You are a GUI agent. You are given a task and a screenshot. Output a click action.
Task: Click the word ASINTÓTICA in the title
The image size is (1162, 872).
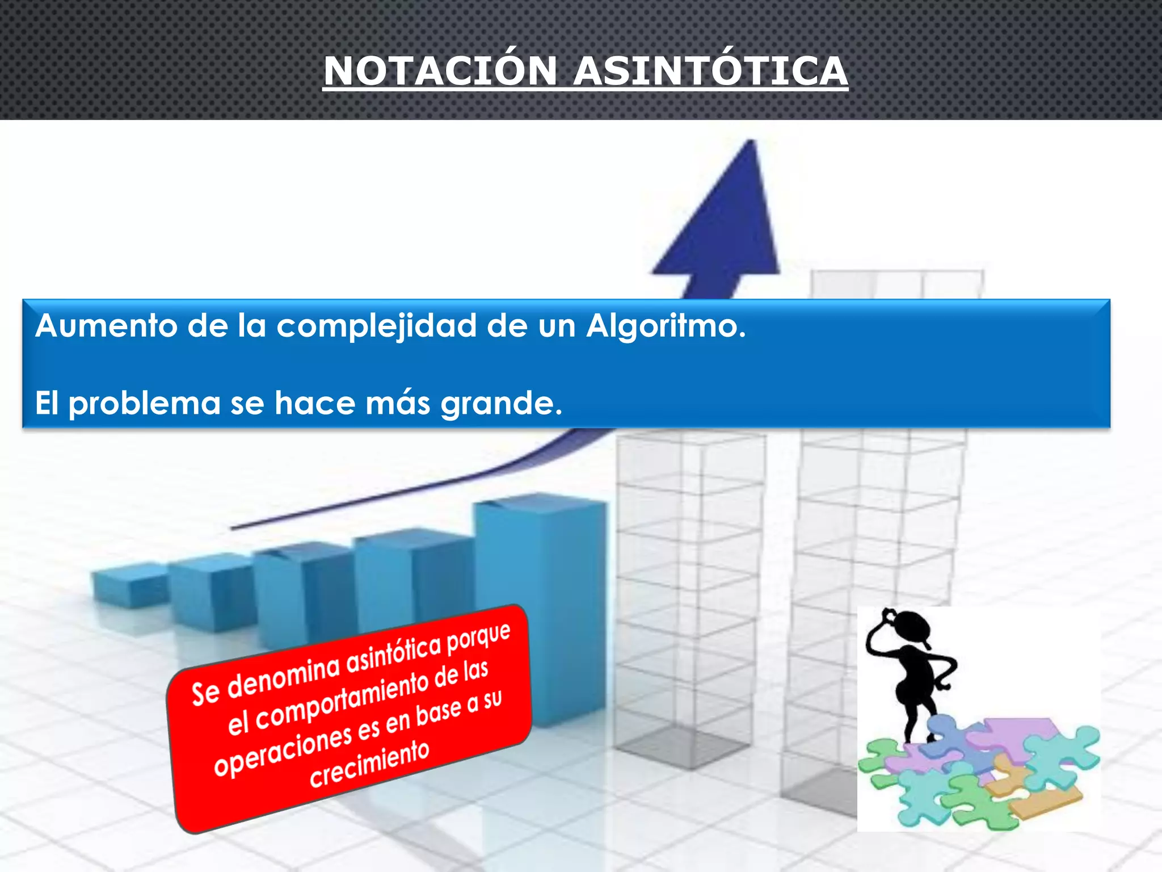[710, 72]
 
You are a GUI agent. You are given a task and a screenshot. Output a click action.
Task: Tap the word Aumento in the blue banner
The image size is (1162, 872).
[106, 326]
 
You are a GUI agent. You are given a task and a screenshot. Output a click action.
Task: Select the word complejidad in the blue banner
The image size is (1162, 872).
[376, 328]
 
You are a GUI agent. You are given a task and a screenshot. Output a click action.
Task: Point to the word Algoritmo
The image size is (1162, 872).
[666, 326]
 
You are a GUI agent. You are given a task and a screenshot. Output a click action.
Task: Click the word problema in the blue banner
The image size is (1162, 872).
[144, 404]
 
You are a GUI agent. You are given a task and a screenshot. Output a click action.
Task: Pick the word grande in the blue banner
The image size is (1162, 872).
[501, 404]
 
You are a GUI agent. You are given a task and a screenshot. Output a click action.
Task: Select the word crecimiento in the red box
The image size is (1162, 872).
[369, 764]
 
